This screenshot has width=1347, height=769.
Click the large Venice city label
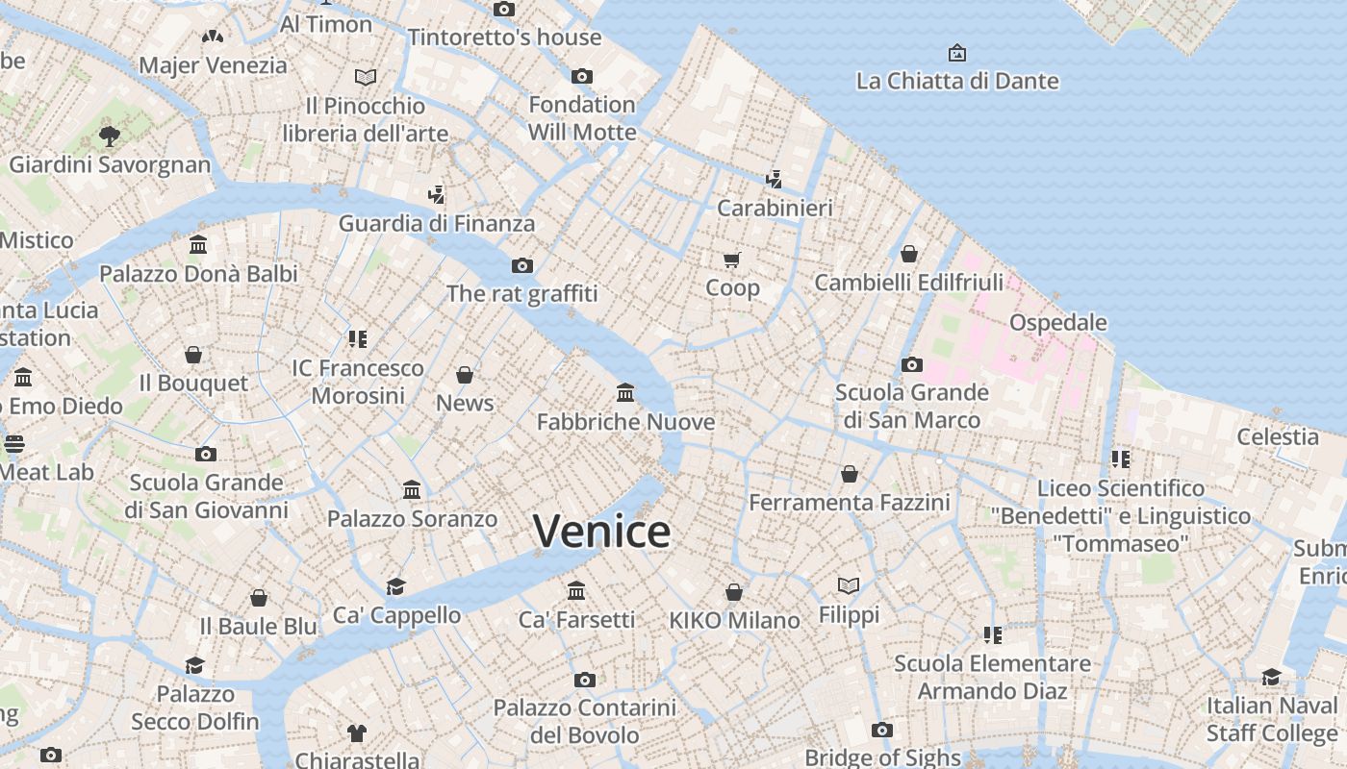coord(601,532)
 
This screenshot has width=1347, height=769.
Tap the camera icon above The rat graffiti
coord(522,265)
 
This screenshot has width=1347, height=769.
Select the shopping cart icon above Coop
coord(732,260)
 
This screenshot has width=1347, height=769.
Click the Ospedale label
coord(1058,322)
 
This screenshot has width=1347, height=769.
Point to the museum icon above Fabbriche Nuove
coord(625,392)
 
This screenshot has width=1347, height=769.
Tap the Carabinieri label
coord(775,208)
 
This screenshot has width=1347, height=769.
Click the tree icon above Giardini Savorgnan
coord(110,136)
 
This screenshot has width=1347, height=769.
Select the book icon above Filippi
coord(849,585)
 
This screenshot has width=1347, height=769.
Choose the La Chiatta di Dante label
coord(957,81)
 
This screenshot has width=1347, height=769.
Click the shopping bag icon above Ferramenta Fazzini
coord(850,474)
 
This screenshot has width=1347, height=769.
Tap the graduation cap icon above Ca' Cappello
coord(395,586)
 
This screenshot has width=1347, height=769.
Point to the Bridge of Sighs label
coord(882,757)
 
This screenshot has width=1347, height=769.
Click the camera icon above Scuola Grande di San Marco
coord(911,364)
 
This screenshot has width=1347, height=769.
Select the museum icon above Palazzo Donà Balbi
coord(198,245)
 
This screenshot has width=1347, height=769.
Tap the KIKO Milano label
coord(734,620)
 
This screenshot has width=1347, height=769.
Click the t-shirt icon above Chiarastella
coord(357,733)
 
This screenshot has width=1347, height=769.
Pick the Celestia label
coord(1278,436)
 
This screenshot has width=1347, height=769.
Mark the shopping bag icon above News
coord(465,374)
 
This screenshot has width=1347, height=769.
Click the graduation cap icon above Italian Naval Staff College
coord(1271,677)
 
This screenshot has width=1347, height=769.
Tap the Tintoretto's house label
coord(504,37)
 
